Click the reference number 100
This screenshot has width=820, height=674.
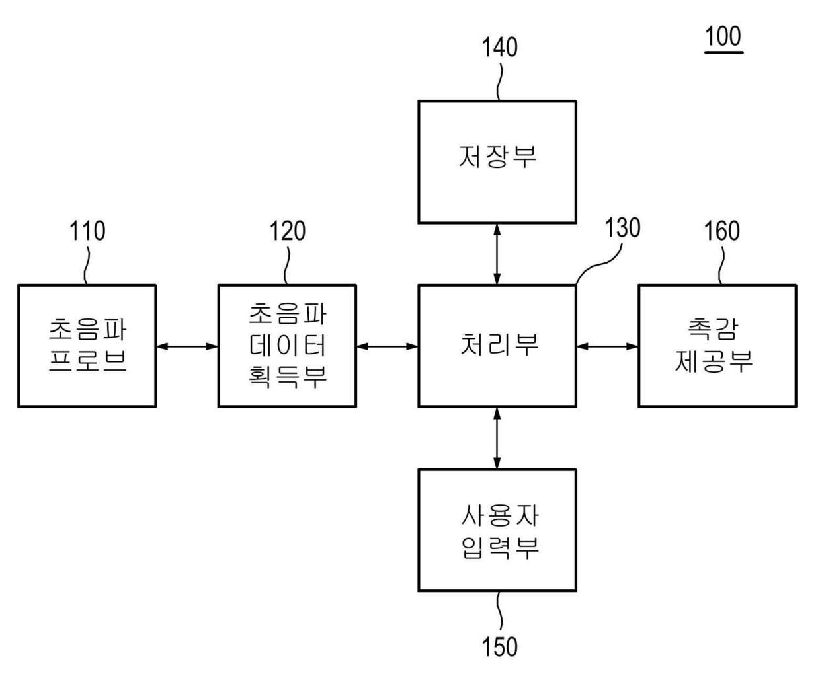[723, 37]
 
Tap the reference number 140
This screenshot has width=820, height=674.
[499, 48]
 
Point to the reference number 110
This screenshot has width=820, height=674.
[87, 232]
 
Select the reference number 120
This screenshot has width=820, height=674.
[287, 232]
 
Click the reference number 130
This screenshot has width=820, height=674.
[622, 229]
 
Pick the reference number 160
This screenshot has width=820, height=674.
[721, 232]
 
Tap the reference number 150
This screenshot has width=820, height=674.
[499, 647]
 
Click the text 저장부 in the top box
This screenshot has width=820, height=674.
[497, 157]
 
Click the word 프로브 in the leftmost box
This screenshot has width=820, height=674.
[87, 361]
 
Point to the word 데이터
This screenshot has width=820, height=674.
[288, 345]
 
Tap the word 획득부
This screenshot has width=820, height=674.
[288, 376]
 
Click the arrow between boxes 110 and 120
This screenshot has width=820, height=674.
[187, 346]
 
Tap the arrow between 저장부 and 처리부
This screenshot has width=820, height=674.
[497, 254]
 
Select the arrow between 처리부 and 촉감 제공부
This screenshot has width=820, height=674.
[607, 346]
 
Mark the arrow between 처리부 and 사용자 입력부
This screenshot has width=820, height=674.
[497, 438]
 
